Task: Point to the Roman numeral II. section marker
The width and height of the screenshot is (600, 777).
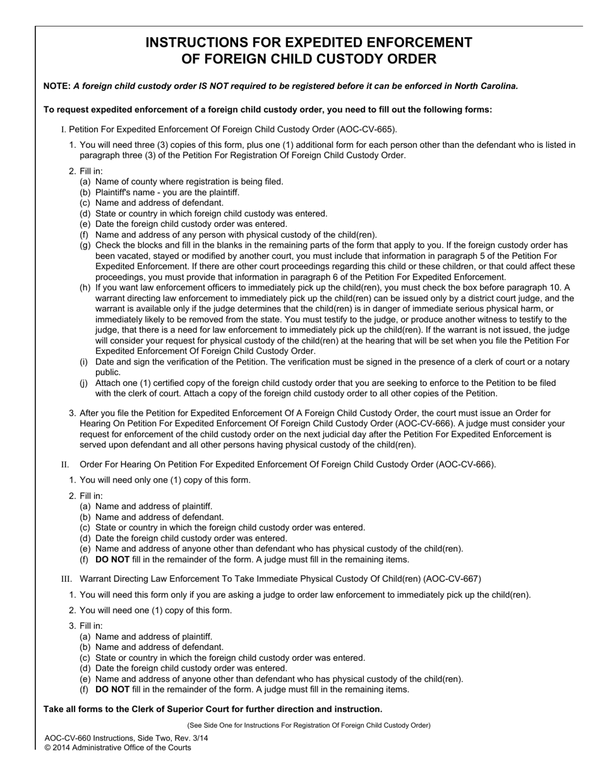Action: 64,465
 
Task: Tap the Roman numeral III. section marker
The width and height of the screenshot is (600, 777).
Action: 66,579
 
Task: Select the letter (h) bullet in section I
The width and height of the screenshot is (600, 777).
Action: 85,287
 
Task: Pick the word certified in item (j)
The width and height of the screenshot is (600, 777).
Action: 168,383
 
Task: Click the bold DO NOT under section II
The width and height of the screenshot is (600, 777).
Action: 112,559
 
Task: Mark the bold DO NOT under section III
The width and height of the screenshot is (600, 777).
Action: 112,689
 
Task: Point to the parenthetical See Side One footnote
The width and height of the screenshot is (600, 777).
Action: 309,725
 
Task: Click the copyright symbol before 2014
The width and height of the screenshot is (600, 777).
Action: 48,747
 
